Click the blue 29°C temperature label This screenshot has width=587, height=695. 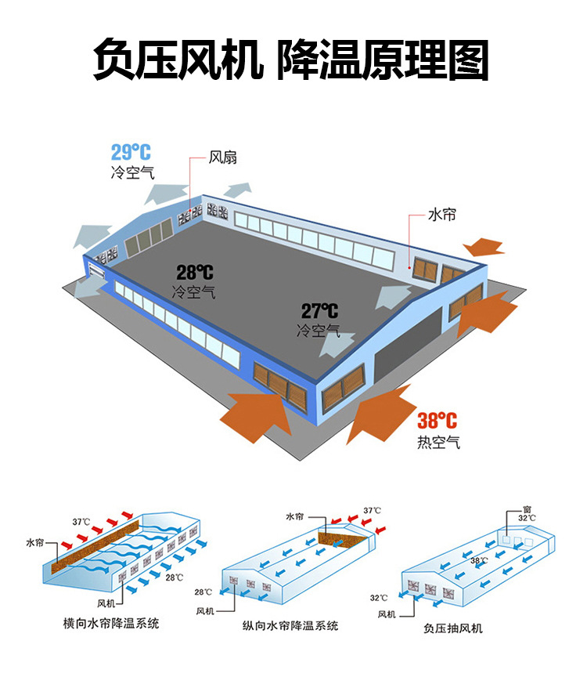(131, 152)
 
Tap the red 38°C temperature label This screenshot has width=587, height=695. (437, 421)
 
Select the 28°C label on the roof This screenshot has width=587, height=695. (194, 273)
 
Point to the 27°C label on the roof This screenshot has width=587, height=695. (319, 311)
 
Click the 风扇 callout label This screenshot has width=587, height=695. (223, 157)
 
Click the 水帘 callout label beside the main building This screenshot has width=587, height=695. (442, 215)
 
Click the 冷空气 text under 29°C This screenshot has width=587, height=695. (132, 172)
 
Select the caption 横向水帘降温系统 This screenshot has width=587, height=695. (110, 624)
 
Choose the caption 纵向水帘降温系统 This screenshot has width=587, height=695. (290, 626)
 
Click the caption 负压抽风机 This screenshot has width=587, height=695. (452, 628)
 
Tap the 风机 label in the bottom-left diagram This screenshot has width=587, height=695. (106, 603)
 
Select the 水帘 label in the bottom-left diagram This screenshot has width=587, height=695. (36, 542)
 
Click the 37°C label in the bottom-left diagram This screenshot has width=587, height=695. (81, 521)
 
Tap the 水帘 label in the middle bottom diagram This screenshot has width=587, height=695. (294, 517)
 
